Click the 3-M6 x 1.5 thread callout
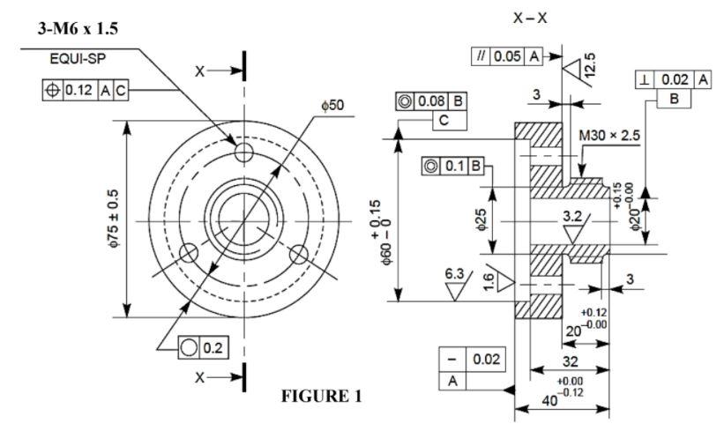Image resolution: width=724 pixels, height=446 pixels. pyautogui.click(x=78, y=28)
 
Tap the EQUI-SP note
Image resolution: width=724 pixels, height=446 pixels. pyautogui.click(x=78, y=59)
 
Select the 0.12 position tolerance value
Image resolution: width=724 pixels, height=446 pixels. pyautogui.click(x=79, y=90)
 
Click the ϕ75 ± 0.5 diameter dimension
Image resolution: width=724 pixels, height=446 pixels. pyautogui.click(x=114, y=218)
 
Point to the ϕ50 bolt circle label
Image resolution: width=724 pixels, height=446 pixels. pyautogui.click(x=333, y=105)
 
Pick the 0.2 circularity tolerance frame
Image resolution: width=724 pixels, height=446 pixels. pyautogui.click(x=203, y=347)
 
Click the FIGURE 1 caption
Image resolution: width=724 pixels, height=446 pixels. pyautogui.click(x=322, y=396)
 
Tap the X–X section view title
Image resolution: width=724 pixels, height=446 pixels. pyautogui.click(x=530, y=18)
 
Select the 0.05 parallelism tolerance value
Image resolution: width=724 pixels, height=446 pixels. pyautogui.click(x=507, y=56)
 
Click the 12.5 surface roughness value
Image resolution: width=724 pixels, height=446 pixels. pyautogui.click(x=589, y=63)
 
